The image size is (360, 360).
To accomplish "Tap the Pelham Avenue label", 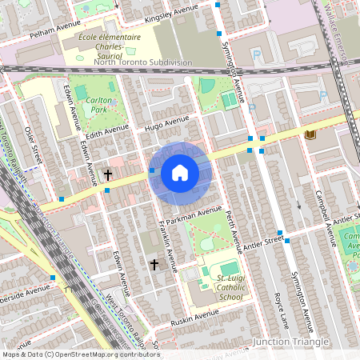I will (54, 30).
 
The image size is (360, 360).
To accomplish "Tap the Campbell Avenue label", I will (330, 227).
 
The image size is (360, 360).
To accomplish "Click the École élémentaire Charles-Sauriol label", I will (110, 46).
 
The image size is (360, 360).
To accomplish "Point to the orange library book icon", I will (310, 135).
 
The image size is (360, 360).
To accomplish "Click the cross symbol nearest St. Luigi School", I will (154, 264).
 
